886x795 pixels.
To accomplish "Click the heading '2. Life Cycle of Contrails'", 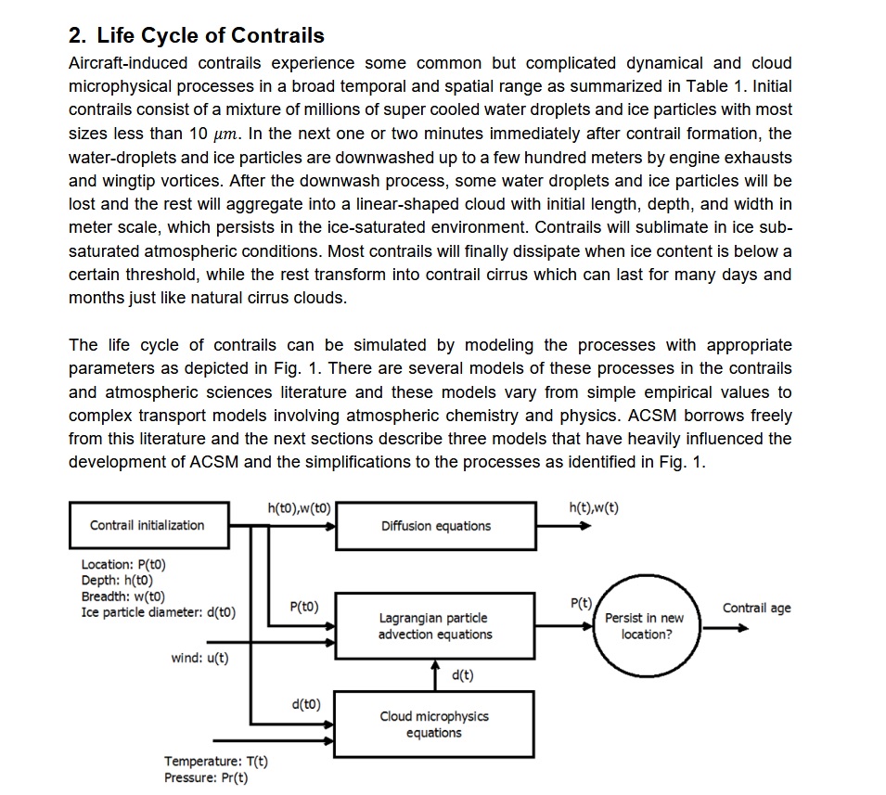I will [197, 36].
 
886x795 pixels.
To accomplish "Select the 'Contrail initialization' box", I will [148, 525].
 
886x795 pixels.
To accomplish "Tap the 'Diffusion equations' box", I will [435, 526].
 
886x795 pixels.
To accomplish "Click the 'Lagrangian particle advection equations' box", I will [435, 626].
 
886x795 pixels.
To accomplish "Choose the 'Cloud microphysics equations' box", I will [434, 724].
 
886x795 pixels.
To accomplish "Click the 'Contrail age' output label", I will [756, 609].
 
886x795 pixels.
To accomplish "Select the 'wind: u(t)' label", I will [200, 658].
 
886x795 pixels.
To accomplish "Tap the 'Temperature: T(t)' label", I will [216, 762].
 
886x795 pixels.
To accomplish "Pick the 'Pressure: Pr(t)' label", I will [206, 777].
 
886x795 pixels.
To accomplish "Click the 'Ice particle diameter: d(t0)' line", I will [159, 612].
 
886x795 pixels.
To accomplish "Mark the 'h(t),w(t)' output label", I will [593, 507].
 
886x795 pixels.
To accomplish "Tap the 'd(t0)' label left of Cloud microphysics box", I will [305, 704].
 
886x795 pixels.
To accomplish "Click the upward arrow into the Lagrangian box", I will [435, 672].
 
